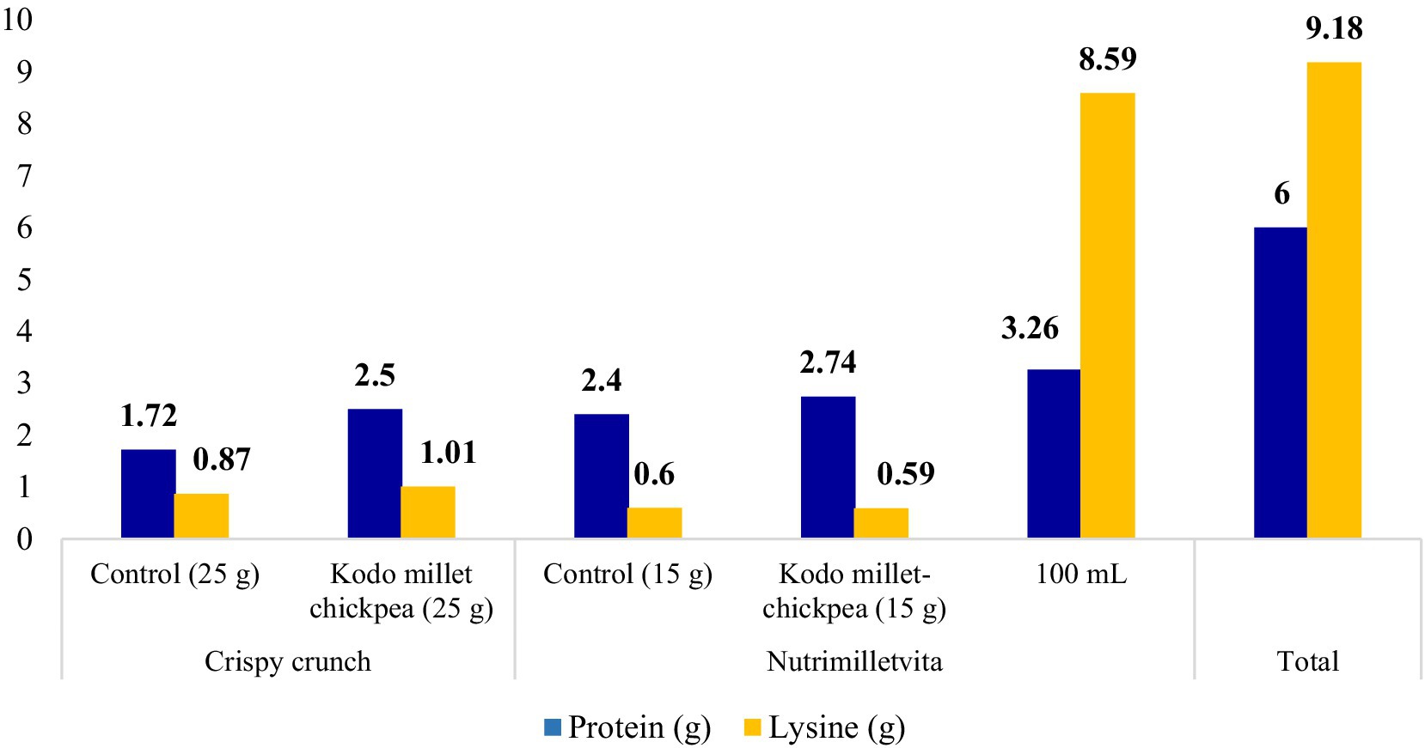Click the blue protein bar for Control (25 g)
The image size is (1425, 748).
(x=148, y=494)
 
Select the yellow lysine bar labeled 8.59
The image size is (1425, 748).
(x=1107, y=315)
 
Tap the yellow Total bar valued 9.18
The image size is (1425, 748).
(x=1334, y=300)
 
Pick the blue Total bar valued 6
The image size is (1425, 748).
(x=1280, y=383)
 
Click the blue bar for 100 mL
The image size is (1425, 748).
(x=1054, y=453)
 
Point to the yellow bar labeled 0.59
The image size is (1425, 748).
(x=881, y=523)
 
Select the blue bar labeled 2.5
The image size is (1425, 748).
(x=375, y=473)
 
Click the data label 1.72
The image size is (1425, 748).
(x=149, y=416)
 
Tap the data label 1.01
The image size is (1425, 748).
(x=448, y=453)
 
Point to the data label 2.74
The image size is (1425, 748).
(x=828, y=362)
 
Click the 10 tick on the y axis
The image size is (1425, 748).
(x=17, y=19)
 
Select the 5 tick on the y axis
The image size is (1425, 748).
(x=24, y=279)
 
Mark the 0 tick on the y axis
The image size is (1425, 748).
(x=24, y=539)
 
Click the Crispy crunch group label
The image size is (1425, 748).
(x=288, y=661)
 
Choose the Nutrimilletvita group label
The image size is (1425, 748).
(x=854, y=661)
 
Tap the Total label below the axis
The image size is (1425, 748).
(x=1307, y=661)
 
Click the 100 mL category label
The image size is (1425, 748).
(x=1080, y=574)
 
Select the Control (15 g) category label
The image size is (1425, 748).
(x=627, y=574)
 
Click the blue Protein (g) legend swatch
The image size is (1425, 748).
(x=553, y=727)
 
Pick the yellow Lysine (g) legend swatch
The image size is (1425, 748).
(x=753, y=727)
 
